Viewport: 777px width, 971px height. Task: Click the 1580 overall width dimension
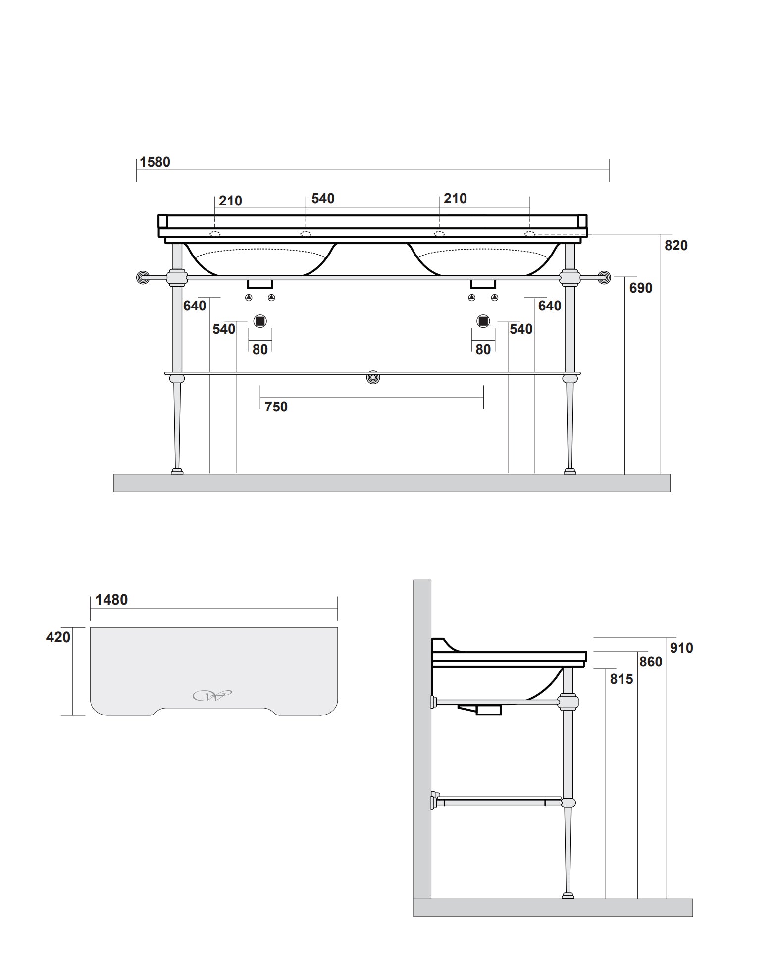[155, 162]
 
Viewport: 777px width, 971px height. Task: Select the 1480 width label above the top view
[111, 600]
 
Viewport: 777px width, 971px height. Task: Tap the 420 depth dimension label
[58, 637]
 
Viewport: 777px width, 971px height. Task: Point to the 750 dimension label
[276, 407]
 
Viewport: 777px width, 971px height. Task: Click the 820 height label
[676, 246]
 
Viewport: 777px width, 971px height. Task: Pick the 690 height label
[641, 288]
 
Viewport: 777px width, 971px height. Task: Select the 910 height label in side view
[681, 648]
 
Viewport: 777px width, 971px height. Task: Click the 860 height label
[651, 662]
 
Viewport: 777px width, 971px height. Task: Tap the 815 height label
[622, 679]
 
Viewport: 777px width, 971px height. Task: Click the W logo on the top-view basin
[212, 696]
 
